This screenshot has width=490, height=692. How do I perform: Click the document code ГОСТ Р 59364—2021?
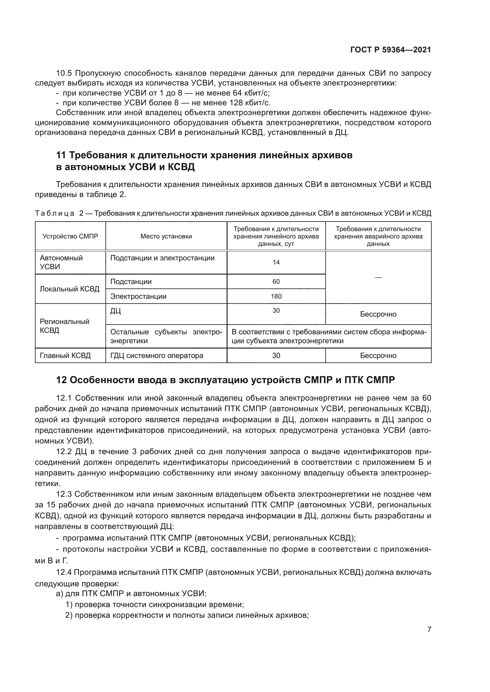pyautogui.click(x=390, y=50)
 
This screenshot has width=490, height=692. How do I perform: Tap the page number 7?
pyautogui.click(x=429, y=629)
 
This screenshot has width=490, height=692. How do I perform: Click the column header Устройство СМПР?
pyautogui.click(x=70, y=236)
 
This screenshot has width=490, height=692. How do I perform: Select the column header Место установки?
pyautogui.click(x=166, y=236)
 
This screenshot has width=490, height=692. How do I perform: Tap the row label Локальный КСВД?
pyautogui.click(x=69, y=289)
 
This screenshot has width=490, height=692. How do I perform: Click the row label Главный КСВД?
pyautogui.click(x=65, y=356)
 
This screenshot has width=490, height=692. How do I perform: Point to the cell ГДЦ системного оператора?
pyautogui.click(x=157, y=356)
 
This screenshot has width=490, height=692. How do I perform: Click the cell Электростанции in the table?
pyautogui.click(x=138, y=296)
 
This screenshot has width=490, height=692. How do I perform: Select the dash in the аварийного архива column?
pyautogui.click(x=378, y=277)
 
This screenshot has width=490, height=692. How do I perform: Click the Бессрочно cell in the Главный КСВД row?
pyautogui.click(x=378, y=356)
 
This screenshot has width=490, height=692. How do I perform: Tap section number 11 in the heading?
pyautogui.click(x=61, y=155)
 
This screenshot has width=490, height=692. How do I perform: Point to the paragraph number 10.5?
pyautogui.click(x=64, y=73)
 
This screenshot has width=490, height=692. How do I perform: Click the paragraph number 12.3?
pyautogui.click(x=64, y=494)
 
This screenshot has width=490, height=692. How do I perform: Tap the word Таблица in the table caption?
pyautogui.click(x=55, y=214)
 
